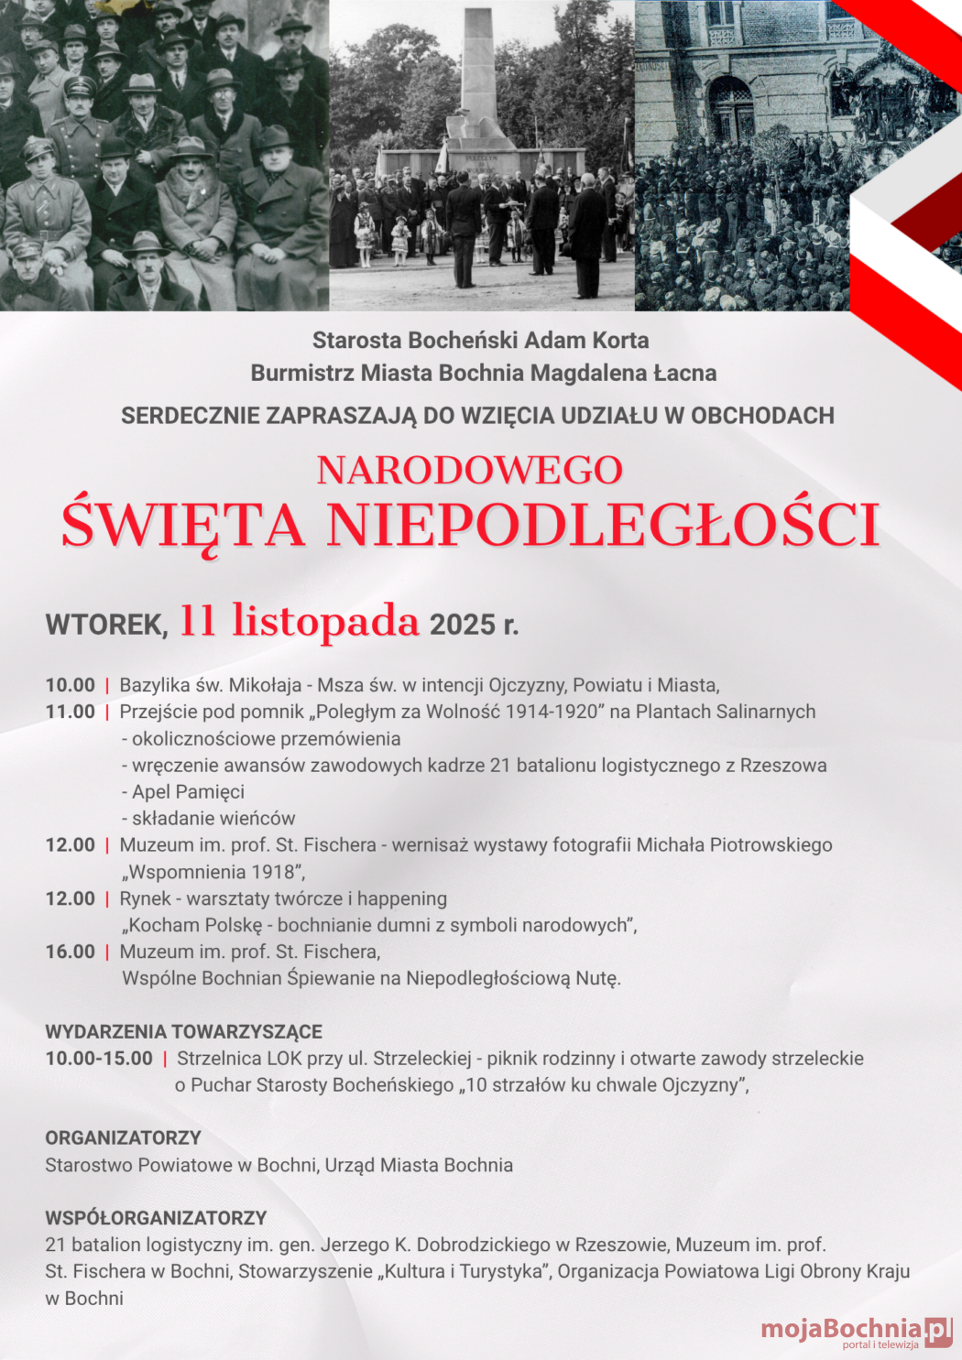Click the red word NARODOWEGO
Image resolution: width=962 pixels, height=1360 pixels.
(x=469, y=471)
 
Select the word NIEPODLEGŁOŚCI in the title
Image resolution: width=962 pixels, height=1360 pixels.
(x=602, y=525)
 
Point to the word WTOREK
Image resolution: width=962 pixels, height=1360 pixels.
(x=106, y=625)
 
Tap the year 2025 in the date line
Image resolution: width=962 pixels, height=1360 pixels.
(x=462, y=625)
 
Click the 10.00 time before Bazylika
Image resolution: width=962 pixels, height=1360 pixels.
(x=71, y=685)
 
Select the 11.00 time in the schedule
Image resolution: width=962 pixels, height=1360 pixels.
(x=71, y=712)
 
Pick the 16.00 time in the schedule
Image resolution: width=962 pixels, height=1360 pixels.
(x=71, y=952)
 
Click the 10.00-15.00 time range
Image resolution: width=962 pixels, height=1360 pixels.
(x=99, y=1058)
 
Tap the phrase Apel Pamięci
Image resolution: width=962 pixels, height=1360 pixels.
(x=188, y=791)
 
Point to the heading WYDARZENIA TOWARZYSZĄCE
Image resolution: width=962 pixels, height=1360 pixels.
(x=183, y=1031)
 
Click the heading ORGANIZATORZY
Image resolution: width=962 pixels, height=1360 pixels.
(x=123, y=1137)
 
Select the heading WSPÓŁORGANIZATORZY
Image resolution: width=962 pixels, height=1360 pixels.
(x=156, y=1218)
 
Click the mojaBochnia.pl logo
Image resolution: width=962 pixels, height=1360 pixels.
(x=855, y=1331)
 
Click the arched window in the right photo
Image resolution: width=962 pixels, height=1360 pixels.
(x=730, y=107)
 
